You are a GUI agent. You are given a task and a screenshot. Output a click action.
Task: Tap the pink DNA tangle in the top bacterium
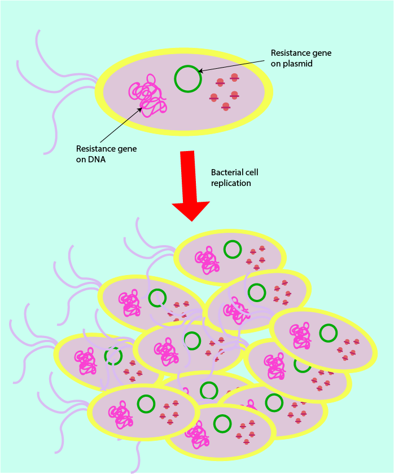coord(148,99)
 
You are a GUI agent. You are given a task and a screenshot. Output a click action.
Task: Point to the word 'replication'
coord(231,183)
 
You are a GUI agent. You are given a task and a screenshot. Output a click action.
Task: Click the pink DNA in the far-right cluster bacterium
coord(300,337)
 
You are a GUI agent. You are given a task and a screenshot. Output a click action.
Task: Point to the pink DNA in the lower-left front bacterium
coord(121,416)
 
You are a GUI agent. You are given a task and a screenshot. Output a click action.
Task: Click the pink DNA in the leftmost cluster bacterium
coord(86,362)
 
